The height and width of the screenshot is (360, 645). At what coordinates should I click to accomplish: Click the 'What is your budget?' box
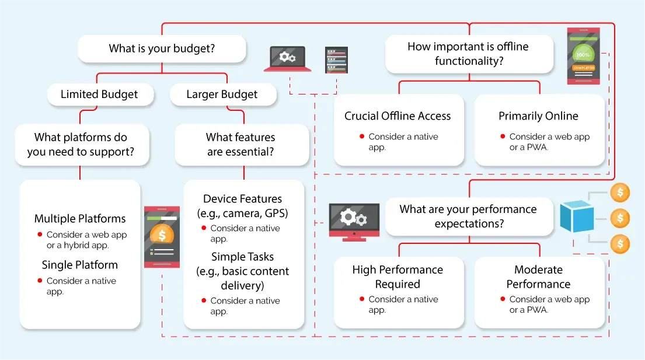coord(162,49)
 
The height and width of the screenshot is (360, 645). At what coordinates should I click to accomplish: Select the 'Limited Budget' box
coord(99,95)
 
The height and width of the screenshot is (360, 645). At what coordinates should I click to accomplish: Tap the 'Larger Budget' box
coord(222,95)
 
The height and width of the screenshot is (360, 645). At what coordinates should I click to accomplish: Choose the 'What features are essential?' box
coord(240,145)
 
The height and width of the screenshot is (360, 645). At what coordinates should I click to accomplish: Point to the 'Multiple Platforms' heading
coord(80,219)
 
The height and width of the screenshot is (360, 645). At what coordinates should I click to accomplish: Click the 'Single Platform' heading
coord(80,265)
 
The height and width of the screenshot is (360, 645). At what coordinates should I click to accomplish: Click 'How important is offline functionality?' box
coord(468,54)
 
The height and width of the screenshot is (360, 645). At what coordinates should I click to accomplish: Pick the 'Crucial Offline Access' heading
coord(398,116)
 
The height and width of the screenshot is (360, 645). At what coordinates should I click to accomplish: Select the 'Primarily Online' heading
coord(538,116)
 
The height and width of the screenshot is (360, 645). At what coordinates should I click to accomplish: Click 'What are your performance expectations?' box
coord(468,216)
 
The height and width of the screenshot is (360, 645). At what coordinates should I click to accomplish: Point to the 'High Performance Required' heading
coord(398,277)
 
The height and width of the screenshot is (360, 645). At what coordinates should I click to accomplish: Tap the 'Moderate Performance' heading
coord(538,277)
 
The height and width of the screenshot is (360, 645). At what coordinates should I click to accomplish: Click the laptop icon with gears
coord(287,58)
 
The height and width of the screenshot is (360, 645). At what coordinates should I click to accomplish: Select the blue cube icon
coord(577,216)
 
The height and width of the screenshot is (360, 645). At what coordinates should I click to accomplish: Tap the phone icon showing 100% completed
coord(583,56)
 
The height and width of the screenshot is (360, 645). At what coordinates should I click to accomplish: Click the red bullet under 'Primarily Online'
coord(503,137)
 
